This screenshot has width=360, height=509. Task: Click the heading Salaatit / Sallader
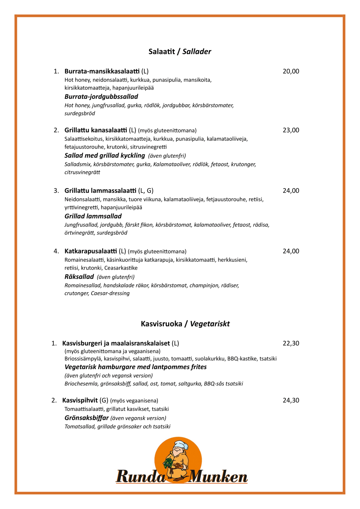point(180,52)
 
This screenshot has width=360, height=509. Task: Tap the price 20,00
point(291,71)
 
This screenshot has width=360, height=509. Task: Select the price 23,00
point(291,130)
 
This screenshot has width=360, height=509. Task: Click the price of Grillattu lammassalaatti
point(291,191)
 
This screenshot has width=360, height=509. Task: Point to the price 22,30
point(291,343)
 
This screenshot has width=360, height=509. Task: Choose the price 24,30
point(291,400)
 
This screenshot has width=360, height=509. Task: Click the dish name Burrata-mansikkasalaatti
point(102,71)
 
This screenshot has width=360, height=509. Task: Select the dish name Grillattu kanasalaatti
point(96,130)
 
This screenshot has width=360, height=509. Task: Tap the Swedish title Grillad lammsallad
point(93,216)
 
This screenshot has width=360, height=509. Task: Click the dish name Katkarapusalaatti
point(90,251)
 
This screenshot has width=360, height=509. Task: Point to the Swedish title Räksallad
point(79,277)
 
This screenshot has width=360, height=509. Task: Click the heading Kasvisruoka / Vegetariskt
point(185,324)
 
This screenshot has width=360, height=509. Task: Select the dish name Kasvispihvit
point(80,400)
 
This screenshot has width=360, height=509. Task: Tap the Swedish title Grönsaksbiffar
point(87,418)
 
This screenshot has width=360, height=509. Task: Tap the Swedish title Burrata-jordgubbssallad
point(101,97)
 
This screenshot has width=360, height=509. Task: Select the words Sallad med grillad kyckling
point(105,156)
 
